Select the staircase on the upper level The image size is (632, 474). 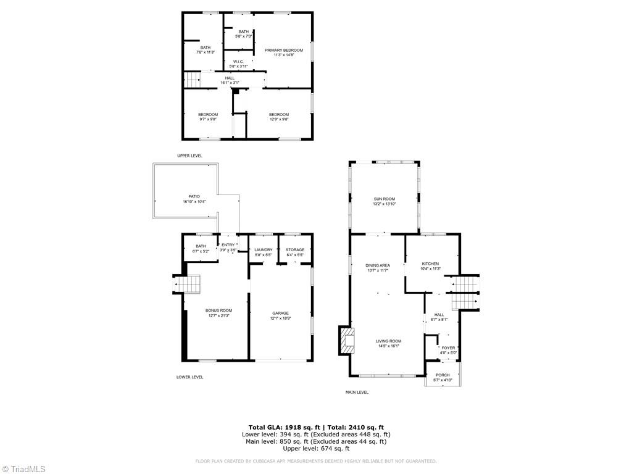[193, 79]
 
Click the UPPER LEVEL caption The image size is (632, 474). [189, 156]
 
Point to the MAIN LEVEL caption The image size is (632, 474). [357, 392]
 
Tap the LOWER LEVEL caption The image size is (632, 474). [189, 376]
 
